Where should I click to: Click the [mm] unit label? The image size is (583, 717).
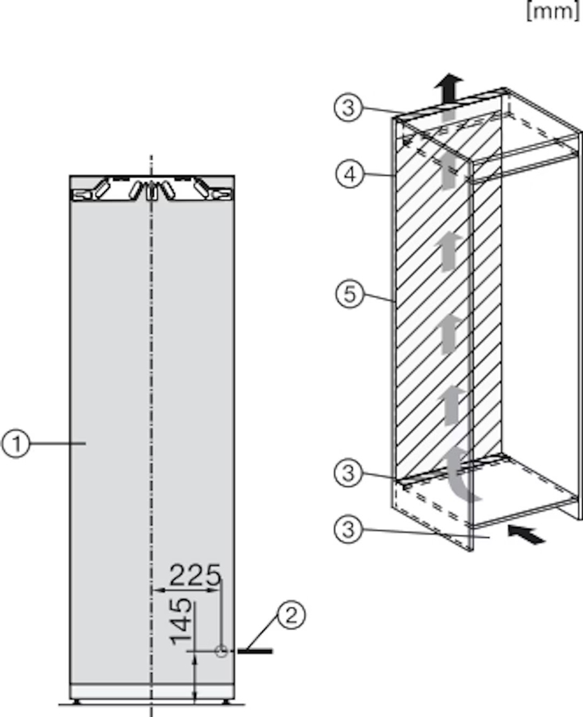553,13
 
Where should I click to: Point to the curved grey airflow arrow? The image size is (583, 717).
461,471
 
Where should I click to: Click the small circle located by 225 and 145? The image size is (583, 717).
221,651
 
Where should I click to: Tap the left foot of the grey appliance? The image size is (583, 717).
77,702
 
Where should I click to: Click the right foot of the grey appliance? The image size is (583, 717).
228,702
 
